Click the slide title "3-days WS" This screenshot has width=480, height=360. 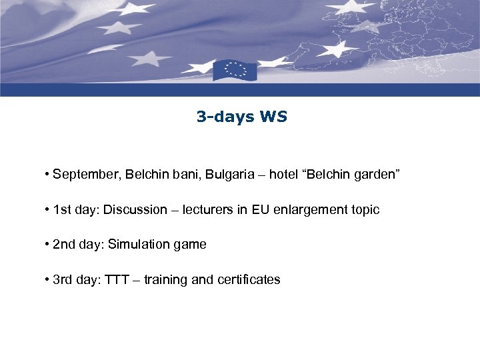point(241,117)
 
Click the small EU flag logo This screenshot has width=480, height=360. point(234,70)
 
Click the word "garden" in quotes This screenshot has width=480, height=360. point(375,175)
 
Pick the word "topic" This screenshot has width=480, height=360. point(364,211)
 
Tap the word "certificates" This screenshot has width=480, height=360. point(249,280)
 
